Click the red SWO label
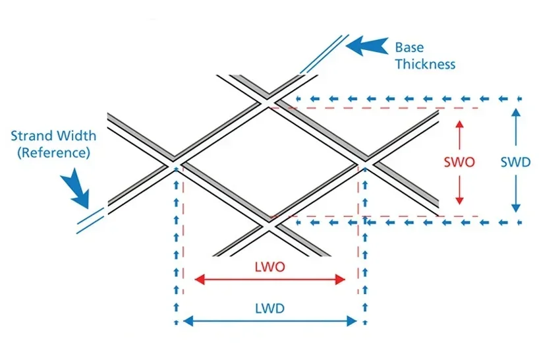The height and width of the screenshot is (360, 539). (460, 162)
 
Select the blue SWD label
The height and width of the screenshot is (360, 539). (515, 162)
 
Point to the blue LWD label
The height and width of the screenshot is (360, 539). (269, 308)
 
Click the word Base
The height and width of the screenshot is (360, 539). (409, 47)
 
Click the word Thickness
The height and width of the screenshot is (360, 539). (425, 64)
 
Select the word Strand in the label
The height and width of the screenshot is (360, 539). (32, 136)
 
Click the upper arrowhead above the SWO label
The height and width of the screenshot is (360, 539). (460, 123)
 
